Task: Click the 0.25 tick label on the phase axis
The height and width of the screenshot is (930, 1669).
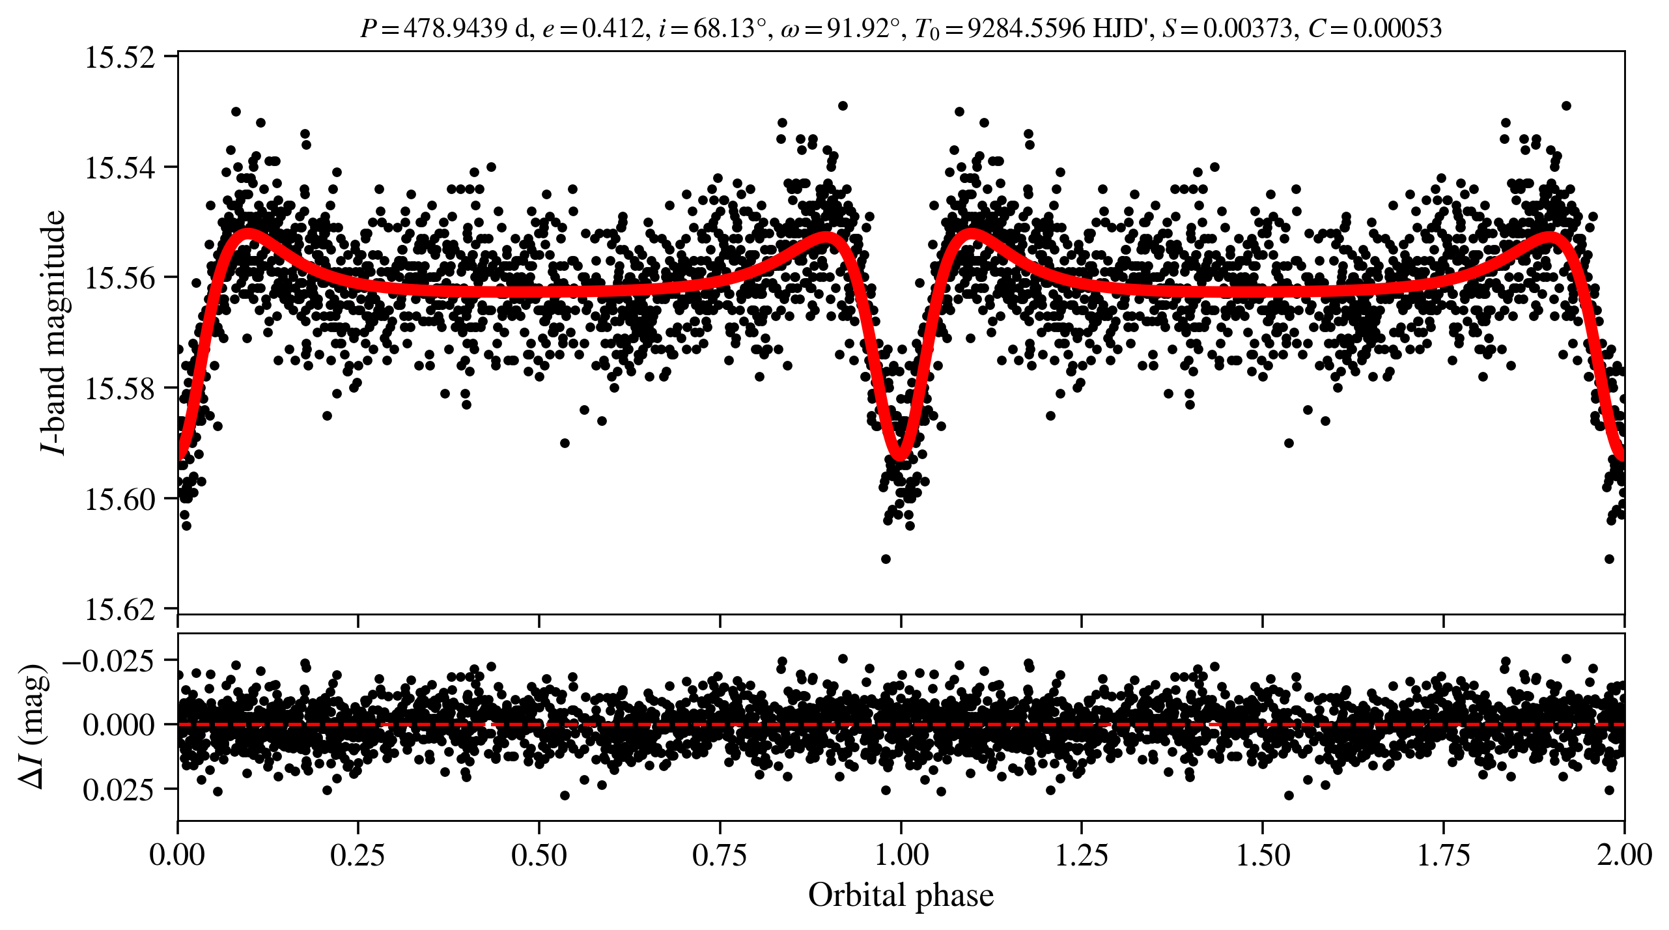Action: tap(358, 855)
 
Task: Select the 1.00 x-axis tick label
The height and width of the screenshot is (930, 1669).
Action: tap(901, 855)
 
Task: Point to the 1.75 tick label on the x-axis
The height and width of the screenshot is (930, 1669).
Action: tap(1444, 855)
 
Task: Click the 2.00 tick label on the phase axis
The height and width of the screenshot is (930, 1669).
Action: tap(1624, 855)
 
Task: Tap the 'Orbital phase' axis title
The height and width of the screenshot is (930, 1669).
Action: tap(901, 895)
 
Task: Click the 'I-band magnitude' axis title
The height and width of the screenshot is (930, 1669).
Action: tap(52, 332)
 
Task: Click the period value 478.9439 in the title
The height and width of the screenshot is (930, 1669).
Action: tap(455, 28)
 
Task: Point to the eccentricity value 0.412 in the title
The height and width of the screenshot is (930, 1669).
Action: tap(613, 28)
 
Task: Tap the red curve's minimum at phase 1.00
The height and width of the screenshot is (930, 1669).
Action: tap(900, 454)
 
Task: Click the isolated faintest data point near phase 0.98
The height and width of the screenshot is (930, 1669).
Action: tap(886, 559)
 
